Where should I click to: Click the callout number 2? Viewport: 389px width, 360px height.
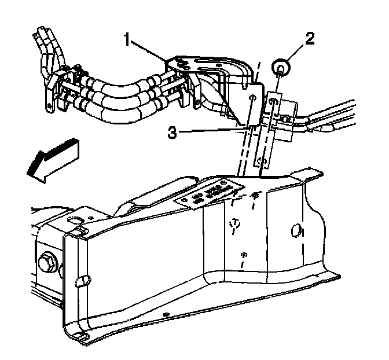310,39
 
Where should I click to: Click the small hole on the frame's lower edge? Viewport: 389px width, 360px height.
167,315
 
